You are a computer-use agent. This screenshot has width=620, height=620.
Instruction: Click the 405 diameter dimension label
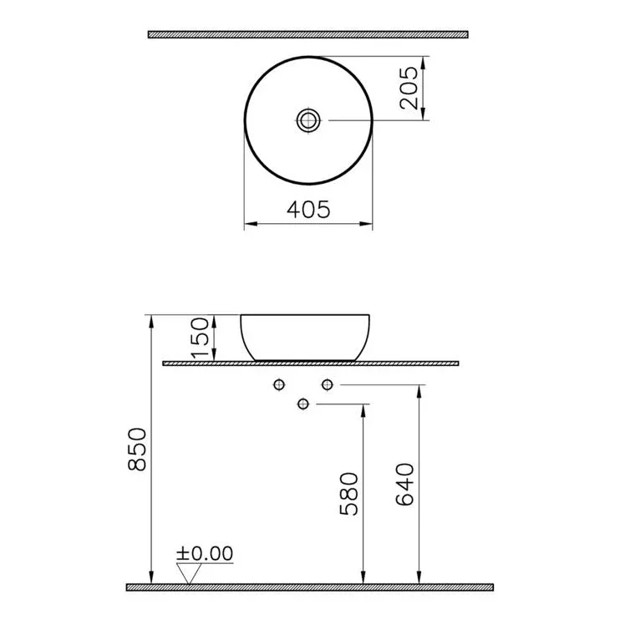tap(308, 210)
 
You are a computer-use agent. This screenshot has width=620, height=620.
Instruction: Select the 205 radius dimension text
tap(409, 88)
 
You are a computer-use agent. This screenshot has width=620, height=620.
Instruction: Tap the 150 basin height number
tap(200, 338)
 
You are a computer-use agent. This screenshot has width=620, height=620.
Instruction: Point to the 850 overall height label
tap(137, 450)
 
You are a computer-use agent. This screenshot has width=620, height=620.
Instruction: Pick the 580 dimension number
tap(348, 494)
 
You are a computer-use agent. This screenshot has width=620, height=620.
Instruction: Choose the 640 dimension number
tap(404, 485)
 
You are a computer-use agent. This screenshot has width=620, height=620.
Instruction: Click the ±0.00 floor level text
tap(205, 553)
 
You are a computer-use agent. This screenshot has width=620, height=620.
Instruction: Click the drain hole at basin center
tap(308, 120)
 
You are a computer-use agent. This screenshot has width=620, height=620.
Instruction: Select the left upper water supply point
tap(279, 384)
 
